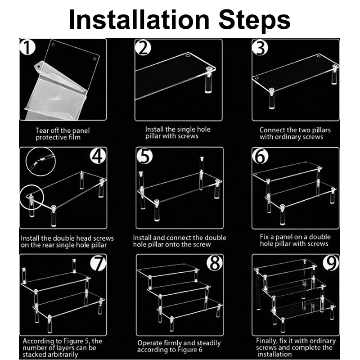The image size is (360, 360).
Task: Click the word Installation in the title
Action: coord(139,19)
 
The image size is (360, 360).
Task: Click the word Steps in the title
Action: coord(254,21)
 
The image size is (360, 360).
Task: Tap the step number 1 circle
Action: coord(27,47)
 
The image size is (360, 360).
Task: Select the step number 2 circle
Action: coord(143,48)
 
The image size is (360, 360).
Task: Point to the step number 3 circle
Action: coord(260,48)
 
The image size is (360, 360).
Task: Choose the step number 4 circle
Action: coord(98,156)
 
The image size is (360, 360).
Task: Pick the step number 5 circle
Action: coord(145,156)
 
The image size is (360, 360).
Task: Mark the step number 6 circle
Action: coord(261,156)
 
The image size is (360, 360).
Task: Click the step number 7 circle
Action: coord(98,263)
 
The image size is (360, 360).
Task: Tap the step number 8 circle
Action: coord(215,263)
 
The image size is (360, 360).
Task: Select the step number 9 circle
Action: coord(331,263)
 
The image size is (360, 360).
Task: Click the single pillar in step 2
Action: coord(208,80)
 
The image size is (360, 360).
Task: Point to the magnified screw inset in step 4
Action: coord(40,162)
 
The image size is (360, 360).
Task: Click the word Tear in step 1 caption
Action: coord(42,130)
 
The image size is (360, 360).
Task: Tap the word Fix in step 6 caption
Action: coord(264,237)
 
